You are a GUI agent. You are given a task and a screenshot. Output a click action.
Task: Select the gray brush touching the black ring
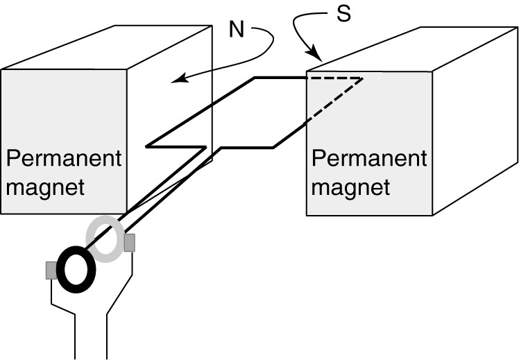pyautogui.click(x=51, y=271)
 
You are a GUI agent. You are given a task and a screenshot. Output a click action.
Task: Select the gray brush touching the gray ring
pyautogui.click(x=129, y=243)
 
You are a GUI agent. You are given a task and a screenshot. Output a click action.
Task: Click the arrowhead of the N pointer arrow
pyautogui.click(x=176, y=80)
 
